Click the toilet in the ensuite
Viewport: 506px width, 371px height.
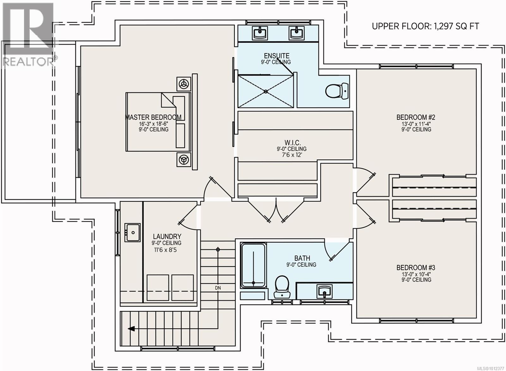tap(337, 91)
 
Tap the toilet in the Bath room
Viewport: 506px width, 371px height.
tap(282, 287)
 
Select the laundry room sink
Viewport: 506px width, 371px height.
tap(133, 232)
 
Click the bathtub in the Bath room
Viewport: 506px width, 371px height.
tap(253, 265)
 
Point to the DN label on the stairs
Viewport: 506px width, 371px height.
tap(218, 288)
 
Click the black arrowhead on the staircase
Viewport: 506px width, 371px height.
tap(131, 329)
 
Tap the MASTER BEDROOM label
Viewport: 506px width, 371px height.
tap(153, 117)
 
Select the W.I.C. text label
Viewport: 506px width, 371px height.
tap(293, 142)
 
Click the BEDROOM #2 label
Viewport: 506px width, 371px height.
tap(416, 117)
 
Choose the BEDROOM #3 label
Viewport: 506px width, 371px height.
tap(416, 268)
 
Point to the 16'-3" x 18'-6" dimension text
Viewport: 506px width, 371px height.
tap(154, 124)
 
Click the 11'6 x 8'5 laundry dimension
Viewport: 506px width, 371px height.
tap(166, 250)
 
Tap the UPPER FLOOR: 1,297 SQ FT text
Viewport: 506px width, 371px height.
tap(425, 27)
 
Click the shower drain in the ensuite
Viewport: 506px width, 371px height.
tap(266, 92)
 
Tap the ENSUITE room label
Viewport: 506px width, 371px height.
tap(276, 56)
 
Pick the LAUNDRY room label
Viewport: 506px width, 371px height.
tap(167, 236)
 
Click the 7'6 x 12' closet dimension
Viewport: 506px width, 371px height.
tap(293, 155)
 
